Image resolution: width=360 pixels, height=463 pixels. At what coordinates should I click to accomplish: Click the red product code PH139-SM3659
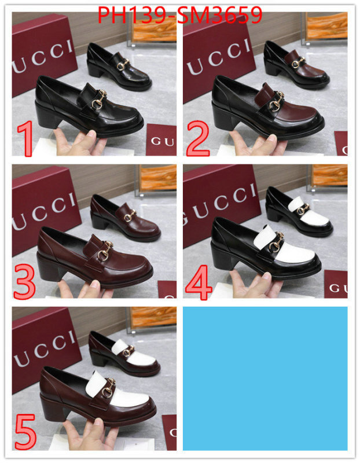[180, 16]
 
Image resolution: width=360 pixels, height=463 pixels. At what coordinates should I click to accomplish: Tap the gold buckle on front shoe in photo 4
[277, 241]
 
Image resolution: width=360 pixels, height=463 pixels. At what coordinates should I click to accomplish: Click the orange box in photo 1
[152, 27]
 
